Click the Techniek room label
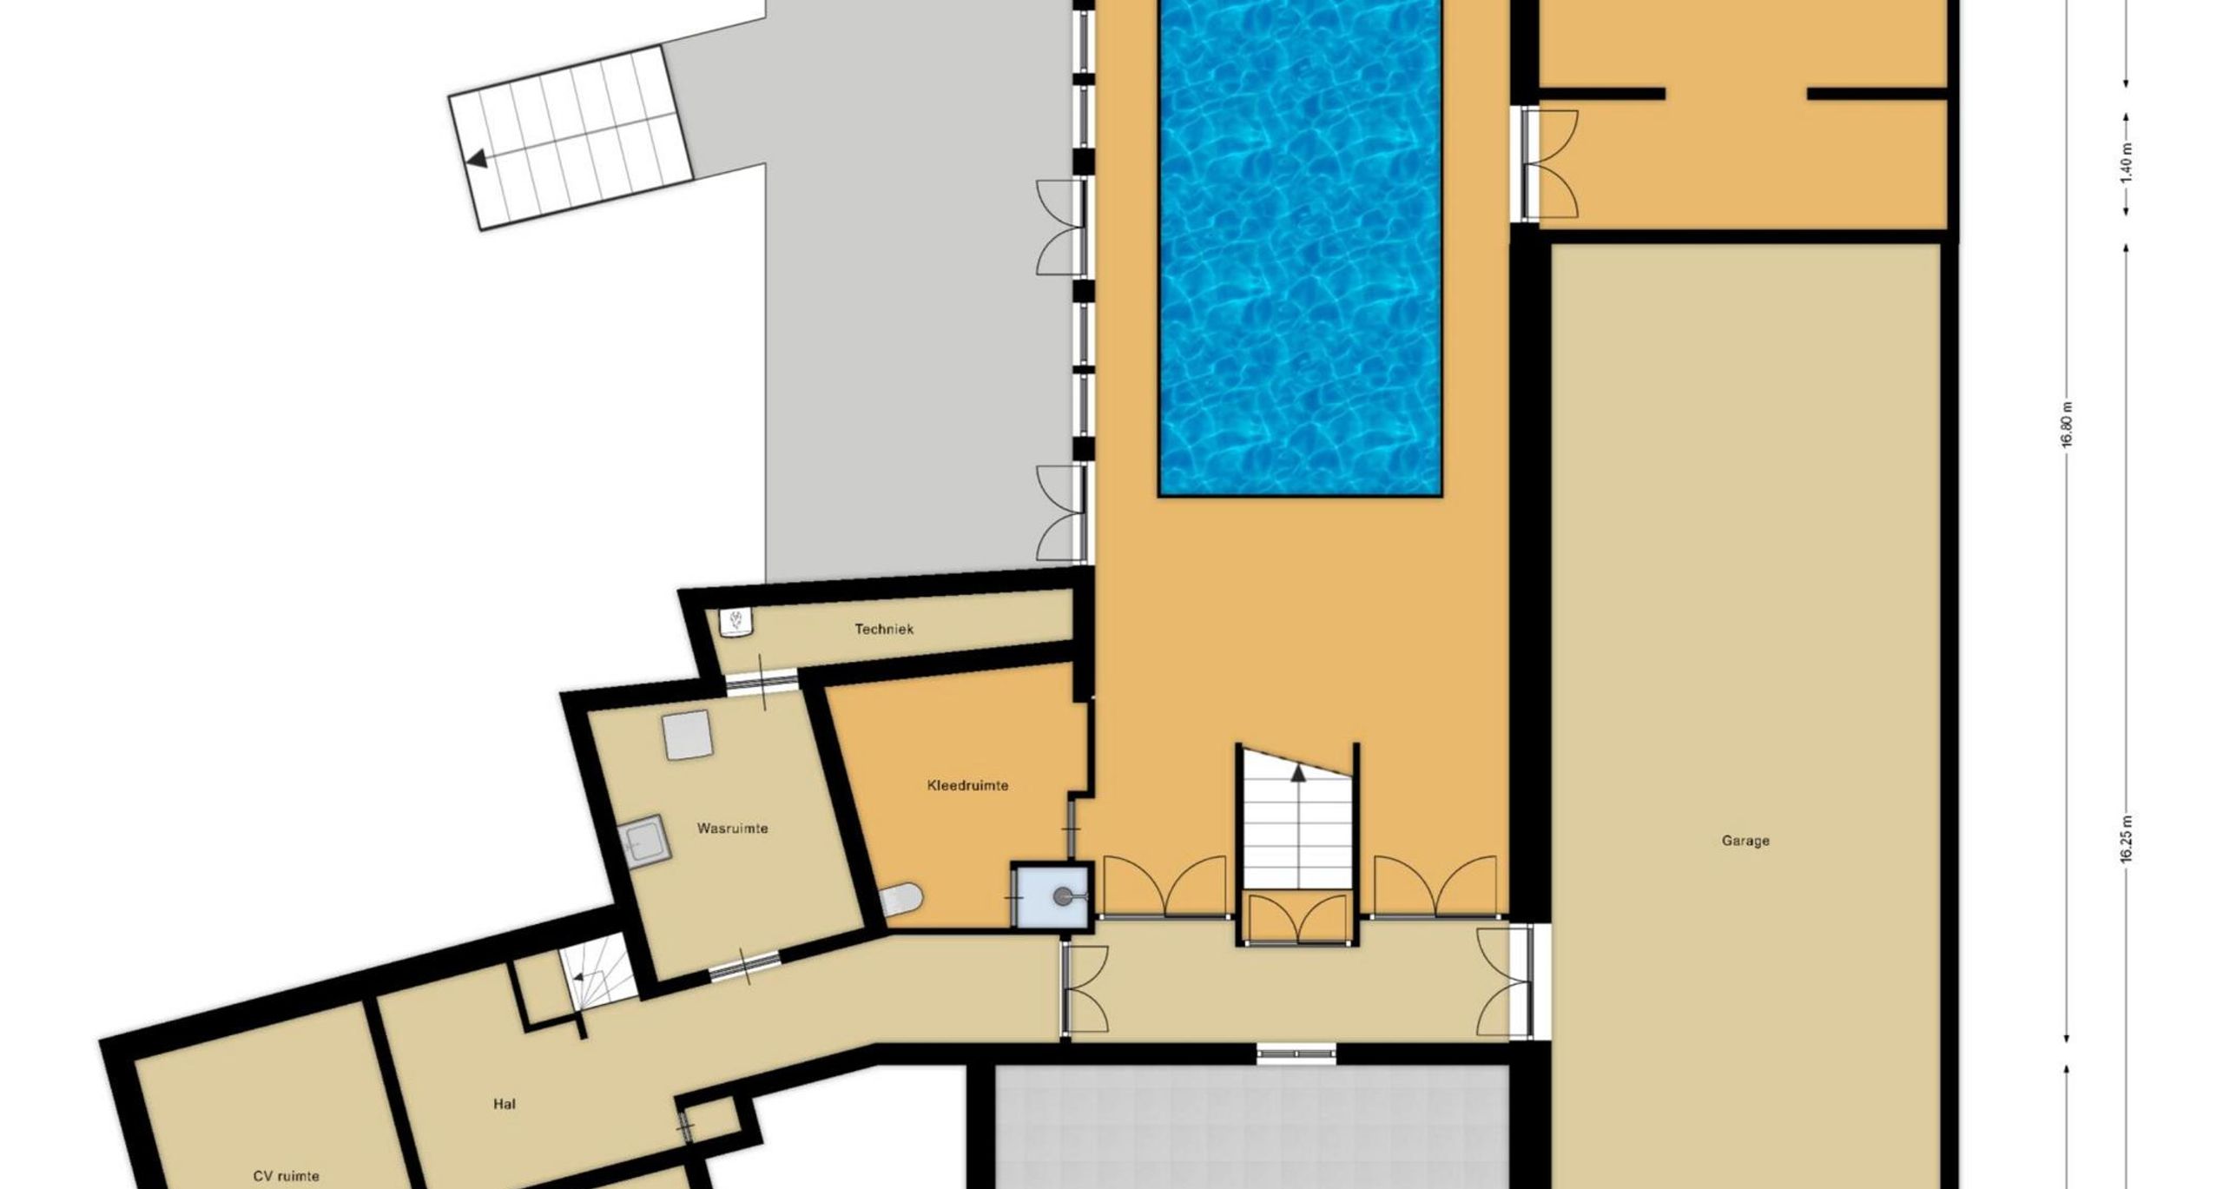click(x=883, y=629)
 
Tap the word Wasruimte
click(x=732, y=828)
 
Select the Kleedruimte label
click(x=967, y=785)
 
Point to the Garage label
click(x=1745, y=841)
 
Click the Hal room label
click(x=504, y=1104)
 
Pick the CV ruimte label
click(x=286, y=1176)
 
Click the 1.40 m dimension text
click(x=2125, y=163)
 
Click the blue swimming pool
click(x=1300, y=248)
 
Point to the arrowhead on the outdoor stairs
click(x=476, y=160)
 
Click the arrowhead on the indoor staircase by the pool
click(x=1299, y=773)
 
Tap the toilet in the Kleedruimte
click(x=903, y=900)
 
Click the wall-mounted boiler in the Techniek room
click(x=737, y=622)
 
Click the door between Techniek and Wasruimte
click(x=762, y=682)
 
